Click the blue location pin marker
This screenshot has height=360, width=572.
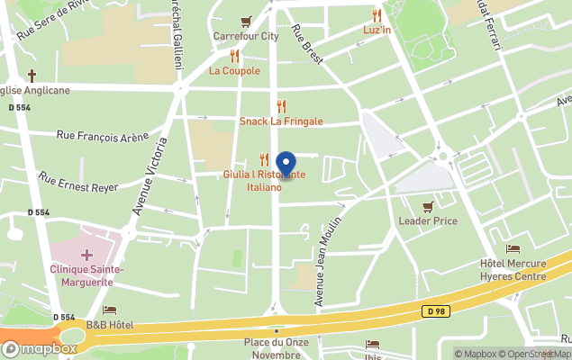tap(286, 165)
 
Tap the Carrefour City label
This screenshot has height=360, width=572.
tap(245, 37)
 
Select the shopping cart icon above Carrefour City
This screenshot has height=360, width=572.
tap(245, 22)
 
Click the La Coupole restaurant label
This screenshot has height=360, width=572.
tap(234, 70)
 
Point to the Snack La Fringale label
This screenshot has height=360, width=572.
tap(281, 121)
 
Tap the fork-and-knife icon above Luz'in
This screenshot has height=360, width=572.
tap(377, 15)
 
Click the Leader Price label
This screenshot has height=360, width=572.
tap(428, 220)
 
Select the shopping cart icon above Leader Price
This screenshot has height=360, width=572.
tap(428, 206)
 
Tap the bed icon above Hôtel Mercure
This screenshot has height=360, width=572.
tap(513, 249)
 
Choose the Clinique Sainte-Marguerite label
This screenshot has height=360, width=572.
tap(87, 275)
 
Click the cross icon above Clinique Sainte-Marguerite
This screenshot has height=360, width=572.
tap(86, 256)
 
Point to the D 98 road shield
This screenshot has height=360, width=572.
tap(435, 311)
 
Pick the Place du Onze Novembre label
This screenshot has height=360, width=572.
tap(277, 347)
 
